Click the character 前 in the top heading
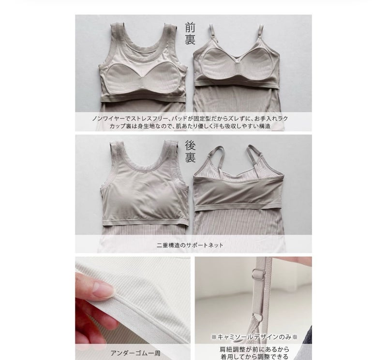point(190,28)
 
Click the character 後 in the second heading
point(190,145)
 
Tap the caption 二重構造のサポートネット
point(190,245)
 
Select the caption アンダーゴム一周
point(135,353)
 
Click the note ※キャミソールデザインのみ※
point(254,337)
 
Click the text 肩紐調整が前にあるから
point(254,349)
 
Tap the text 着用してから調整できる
point(254,357)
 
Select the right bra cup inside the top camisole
point(255,65)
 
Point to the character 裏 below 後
point(190,158)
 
